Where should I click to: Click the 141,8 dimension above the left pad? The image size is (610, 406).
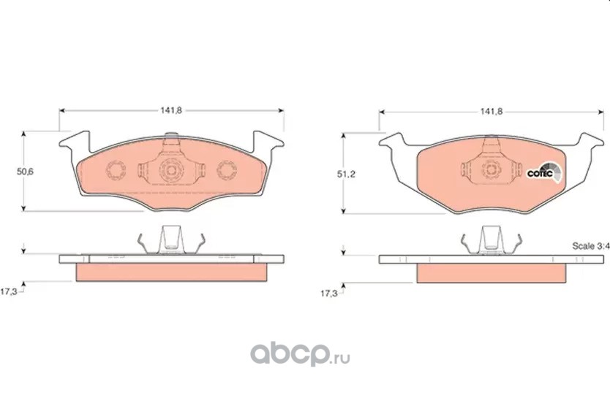coord(171,110)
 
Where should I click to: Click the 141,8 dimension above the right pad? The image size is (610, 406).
coord(492,112)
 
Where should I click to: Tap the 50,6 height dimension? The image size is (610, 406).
coord(25,172)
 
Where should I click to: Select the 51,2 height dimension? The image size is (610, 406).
coord(346,175)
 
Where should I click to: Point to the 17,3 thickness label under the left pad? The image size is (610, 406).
coord(9,291)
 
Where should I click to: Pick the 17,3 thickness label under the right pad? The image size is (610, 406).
coord(328,294)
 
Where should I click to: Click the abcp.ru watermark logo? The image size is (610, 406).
coord(300,353)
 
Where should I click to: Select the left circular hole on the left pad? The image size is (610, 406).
coord(116,170)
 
